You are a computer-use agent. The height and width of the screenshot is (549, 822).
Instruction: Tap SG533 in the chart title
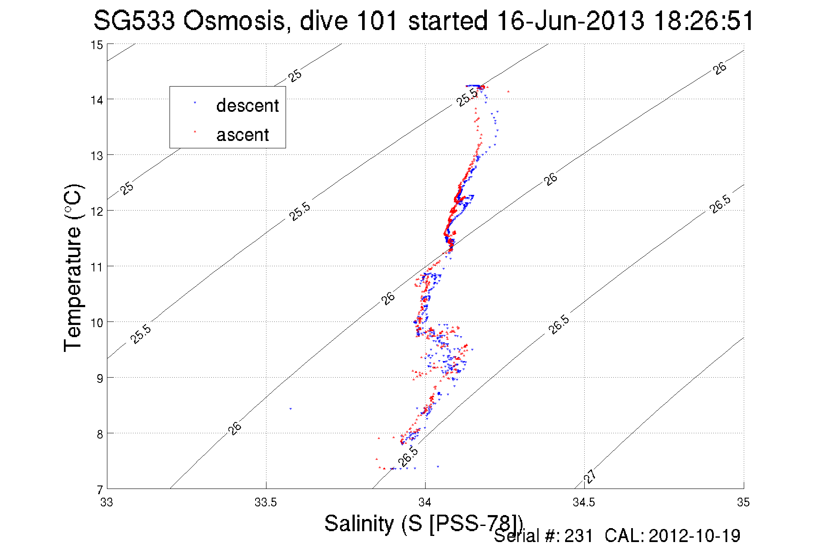134,21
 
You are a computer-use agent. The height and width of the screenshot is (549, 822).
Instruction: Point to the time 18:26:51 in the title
704,21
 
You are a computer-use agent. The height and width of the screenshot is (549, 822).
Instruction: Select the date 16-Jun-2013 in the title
570,21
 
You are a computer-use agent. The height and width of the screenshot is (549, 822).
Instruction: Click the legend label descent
247,106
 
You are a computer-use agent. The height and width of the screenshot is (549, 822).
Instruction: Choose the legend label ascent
243,135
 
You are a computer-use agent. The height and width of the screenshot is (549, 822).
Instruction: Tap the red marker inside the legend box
195,131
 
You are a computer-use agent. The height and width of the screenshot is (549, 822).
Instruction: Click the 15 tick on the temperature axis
97,45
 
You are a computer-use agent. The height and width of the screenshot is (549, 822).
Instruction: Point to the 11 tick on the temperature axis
97,267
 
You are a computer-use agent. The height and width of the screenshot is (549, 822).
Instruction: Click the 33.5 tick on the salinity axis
266,502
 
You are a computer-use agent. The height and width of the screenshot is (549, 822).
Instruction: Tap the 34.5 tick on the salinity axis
584,502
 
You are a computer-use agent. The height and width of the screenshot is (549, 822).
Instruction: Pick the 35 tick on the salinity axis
743,502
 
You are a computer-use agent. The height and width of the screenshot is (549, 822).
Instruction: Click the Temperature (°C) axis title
73,268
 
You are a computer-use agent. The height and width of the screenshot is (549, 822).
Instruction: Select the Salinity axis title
423,523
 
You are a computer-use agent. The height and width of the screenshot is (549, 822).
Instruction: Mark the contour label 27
589,476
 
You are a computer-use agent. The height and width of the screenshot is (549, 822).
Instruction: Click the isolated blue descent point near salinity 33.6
290,409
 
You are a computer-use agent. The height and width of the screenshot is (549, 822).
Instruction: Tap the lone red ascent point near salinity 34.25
508,91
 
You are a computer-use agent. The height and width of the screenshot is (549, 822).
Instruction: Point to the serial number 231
579,536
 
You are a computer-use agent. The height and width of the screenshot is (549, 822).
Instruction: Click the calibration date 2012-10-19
694,536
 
